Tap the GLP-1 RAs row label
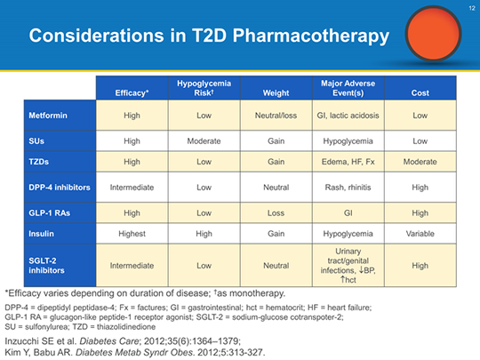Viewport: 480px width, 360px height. pos(52,212)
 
